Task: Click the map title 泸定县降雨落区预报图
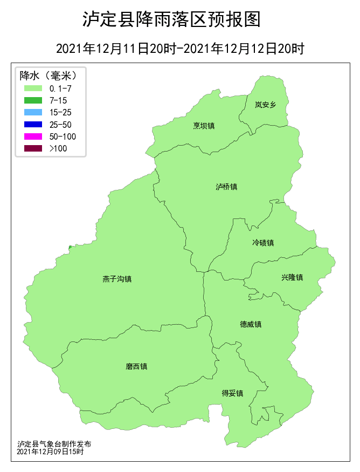[171, 20]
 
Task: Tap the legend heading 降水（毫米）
[45, 75]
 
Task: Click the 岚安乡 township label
[265, 105]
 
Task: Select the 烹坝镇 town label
[204, 126]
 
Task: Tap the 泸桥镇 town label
[226, 187]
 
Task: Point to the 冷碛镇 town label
[263, 243]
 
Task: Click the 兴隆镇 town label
[292, 277]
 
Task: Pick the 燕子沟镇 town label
[117, 279]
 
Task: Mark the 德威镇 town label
[251, 324]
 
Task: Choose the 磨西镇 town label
[136, 366]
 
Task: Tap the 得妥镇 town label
[232, 393]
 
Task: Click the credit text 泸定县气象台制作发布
[54, 444]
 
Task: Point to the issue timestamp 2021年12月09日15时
[50, 451]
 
